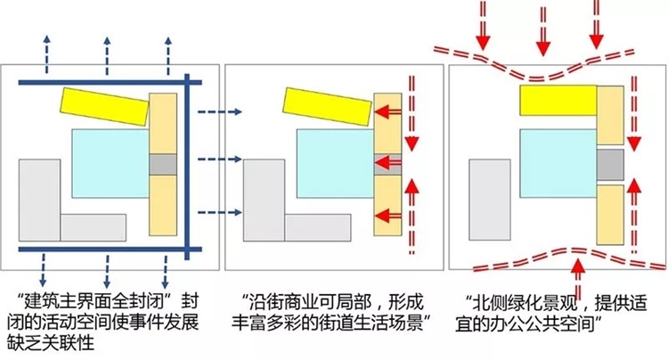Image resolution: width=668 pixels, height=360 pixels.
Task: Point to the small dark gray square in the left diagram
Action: [x=163, y=164]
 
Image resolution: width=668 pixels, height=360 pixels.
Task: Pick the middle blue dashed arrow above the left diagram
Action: [x=107, y=49]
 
